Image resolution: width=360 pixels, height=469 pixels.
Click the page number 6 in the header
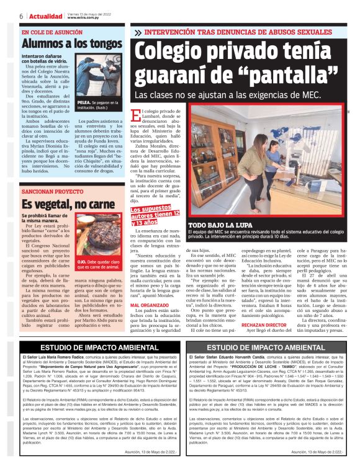pyautogui.click(x=21, y=16)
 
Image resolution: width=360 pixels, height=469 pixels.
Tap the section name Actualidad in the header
pyautogui.click(x=45, y=16)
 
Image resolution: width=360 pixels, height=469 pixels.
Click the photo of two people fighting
pyautogui.click(x=99, y=79)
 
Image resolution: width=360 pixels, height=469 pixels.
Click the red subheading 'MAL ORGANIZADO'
pyautogui.click(x=149, y=288)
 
